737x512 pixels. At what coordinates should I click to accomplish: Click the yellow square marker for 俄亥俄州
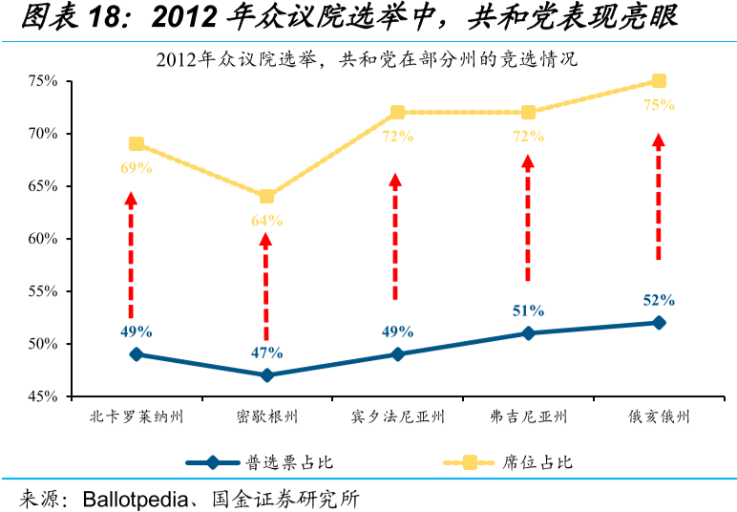coord(659,81)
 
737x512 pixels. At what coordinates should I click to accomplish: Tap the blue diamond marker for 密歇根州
coord(266,375)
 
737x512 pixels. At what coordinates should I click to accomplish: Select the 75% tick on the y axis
coord(44,81)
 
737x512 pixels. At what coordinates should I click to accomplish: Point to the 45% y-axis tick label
coord(44,396)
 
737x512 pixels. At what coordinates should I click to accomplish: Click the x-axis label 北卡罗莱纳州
coord(136,417)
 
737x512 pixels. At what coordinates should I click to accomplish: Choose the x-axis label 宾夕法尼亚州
coord(397,417)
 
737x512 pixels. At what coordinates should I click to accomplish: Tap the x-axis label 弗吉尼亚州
coord(528,417)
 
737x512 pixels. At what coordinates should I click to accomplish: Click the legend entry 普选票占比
coord(290,462)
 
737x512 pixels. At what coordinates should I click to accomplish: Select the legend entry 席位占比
coord(537,462)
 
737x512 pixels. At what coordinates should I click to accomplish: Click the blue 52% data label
coord(659,300)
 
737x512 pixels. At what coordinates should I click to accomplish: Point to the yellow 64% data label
coord(266,221)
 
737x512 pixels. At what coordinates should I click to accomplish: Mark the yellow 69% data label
coord(137,168)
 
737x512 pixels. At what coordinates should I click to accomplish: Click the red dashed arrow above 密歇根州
coord(266,287)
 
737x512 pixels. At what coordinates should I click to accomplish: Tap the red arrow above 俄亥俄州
coord(659,196)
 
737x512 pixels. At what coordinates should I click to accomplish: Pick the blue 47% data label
coord(266,352)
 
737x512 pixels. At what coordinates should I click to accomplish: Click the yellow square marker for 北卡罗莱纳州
coord(137,144)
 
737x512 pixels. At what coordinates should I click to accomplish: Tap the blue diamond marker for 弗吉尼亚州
coord(528,333)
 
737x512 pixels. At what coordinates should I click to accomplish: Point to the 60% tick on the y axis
coord(44,239)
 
